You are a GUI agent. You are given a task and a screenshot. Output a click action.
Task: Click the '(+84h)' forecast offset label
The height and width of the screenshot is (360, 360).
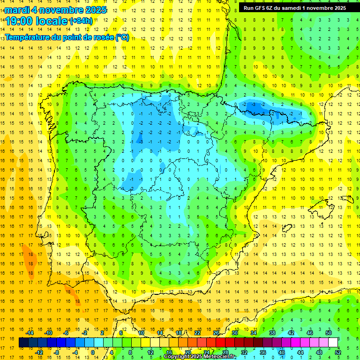(x=81, y=21)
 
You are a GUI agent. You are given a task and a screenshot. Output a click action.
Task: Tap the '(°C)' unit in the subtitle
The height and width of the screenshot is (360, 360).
(x=121, y=37)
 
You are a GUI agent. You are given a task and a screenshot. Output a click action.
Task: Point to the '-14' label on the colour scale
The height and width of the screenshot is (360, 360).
(x=30, y=333)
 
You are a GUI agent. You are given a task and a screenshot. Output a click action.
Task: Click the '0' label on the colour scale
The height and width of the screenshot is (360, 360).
(x=92, y=352)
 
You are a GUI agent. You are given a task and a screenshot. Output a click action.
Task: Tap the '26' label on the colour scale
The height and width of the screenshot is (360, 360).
(x=216, y=333)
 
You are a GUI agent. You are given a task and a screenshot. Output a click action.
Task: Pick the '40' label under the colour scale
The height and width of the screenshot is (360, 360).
(x=282, y=352)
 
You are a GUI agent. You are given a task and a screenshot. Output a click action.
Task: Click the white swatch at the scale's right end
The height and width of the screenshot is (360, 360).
(x=333, y=343)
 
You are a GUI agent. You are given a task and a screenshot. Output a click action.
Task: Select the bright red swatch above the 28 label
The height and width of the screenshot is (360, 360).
(x=225, y=343)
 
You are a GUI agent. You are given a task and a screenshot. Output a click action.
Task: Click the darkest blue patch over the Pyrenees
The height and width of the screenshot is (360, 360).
(x=253, y=108)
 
